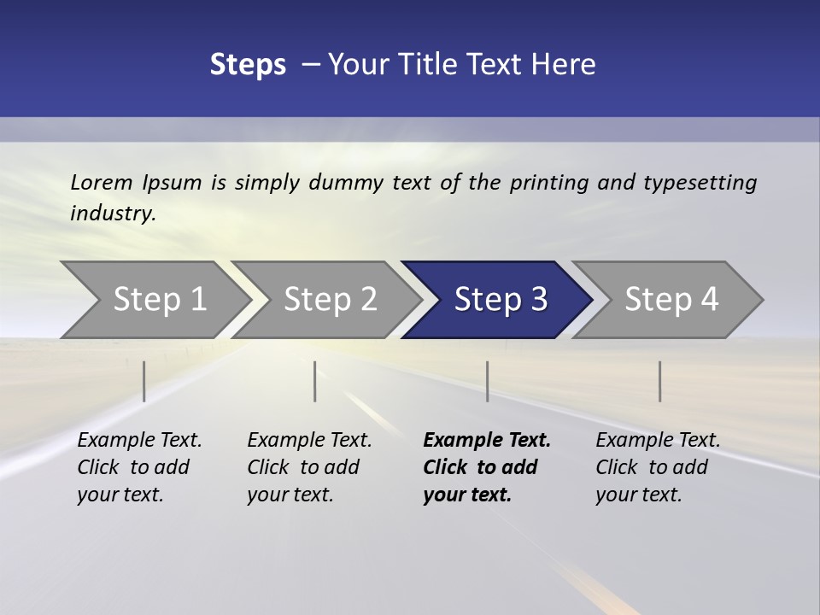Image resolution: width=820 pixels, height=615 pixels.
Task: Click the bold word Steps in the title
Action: coord(248,64)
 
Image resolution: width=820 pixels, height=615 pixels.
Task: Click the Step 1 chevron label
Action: coord(160,299)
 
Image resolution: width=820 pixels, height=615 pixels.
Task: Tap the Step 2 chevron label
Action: coord(331,299)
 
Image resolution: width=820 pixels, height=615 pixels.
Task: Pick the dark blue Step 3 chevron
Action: coord(501,299)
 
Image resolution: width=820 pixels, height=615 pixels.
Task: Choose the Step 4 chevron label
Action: coord(671,299)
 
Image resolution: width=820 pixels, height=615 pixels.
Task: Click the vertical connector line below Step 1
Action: coord(144,381)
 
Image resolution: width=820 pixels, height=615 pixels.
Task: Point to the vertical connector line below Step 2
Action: coord(315,381)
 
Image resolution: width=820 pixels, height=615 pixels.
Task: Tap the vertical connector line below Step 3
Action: coord(487,381)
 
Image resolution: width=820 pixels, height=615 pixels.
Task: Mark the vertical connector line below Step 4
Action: coord(659,381)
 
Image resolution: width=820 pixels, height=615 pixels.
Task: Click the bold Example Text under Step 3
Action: coord(487,440)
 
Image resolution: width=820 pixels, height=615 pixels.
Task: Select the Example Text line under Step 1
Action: coord(139,440)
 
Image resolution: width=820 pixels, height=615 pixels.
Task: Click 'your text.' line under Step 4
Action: coord(638,495)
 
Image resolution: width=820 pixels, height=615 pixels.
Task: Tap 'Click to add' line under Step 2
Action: coord(303,467)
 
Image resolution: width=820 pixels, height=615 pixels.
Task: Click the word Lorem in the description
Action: coord(102,182)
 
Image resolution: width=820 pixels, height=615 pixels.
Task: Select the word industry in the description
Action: coord(112,213)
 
